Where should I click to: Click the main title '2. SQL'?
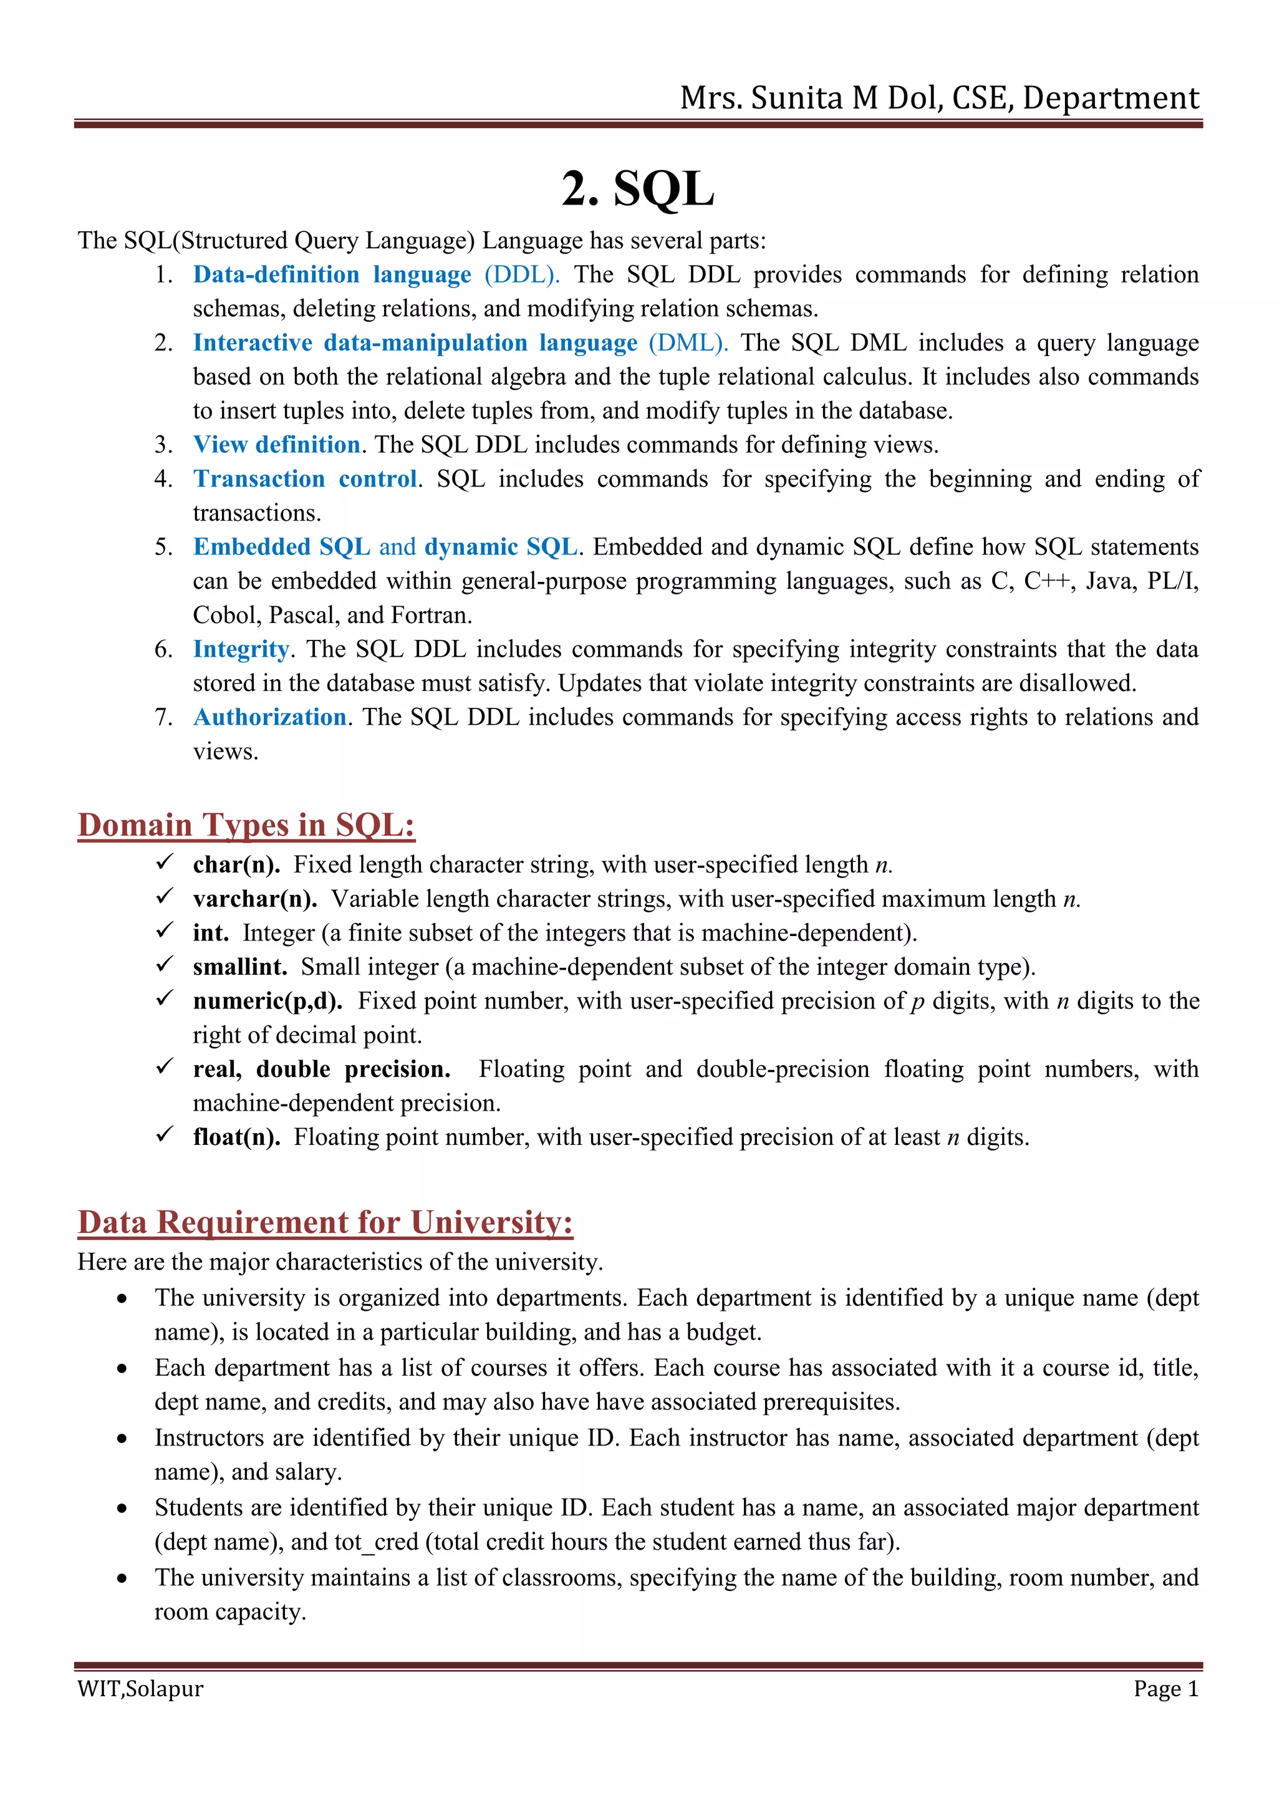[x=638, y=190]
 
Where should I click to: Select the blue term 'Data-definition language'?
[x=332, y=274]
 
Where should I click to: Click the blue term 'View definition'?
[x=277, y=445]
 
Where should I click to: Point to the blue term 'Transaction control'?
[x=305, y=479]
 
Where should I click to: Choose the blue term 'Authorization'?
[x=270, y=717]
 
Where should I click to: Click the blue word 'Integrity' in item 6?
[x=241, y=650]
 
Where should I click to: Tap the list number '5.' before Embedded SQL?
[x=163, y=548]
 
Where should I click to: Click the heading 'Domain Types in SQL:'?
[x=246, y=826]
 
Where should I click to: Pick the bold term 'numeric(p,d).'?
[x=267, y=1002]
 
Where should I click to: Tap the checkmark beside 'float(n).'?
[x=165, y=1135]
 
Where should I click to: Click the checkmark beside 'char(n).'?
[x=165, y=863]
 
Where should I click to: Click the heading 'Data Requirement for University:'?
[x=325, y=1223]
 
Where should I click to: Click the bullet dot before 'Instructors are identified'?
[x=122, y=1439]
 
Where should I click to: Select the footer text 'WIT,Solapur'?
[x=140, y=1689]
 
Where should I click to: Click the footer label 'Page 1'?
[x=1165, y=1689]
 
